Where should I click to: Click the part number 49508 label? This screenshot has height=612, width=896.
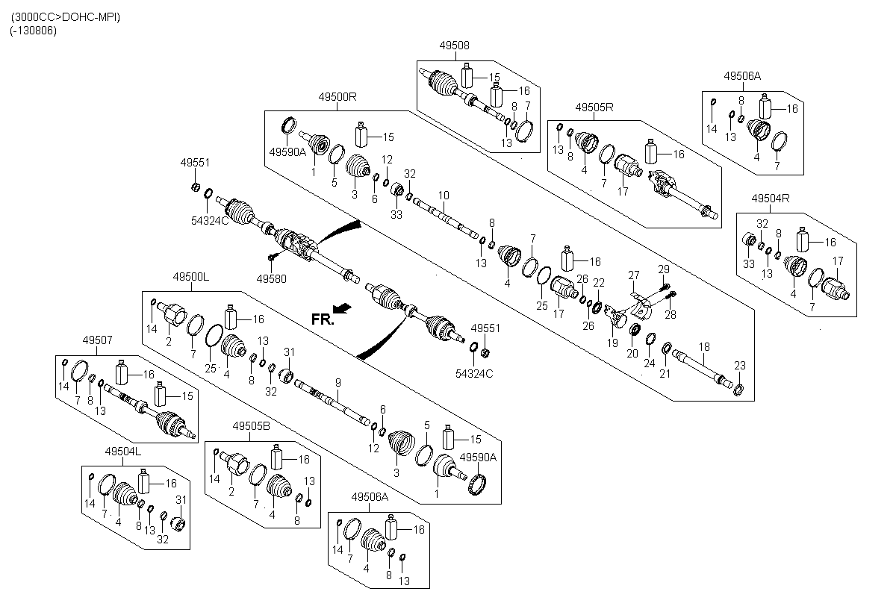[x=455, y=46]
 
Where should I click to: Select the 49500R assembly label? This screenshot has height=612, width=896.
[x=337, y=97]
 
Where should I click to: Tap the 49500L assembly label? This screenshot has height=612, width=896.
[x=191, y=277]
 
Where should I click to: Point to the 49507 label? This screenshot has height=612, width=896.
[x=97, y=340]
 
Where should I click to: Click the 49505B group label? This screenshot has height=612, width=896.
[x=251, y=426]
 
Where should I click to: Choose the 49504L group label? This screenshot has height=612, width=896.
[x=122, y=452]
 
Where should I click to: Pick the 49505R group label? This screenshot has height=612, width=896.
[x=594, y=107]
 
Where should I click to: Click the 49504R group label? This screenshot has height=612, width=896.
[x=771, y=199]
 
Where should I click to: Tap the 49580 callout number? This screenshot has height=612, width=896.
[x=271, y=279]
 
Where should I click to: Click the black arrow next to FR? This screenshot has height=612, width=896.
[x=342, y=308]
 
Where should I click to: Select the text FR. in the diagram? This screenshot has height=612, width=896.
[x=323, y=319]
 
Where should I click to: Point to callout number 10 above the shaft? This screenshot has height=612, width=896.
[x=444, y=196]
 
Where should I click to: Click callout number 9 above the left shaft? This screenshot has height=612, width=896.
[x=338, y=383]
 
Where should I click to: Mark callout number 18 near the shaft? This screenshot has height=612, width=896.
[x=704, y=346]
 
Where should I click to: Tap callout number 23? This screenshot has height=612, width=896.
[x=740, y=366]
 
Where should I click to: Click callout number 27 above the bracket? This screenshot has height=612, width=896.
[x=634, y=275]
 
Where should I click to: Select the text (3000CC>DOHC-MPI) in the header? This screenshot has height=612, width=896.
[x=66, y=17]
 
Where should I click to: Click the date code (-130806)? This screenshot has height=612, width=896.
[x=34, y=31]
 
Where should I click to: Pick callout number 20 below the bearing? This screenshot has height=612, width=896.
[x=632, y=353]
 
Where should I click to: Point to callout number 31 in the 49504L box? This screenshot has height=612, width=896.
[x=181, y=499]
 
